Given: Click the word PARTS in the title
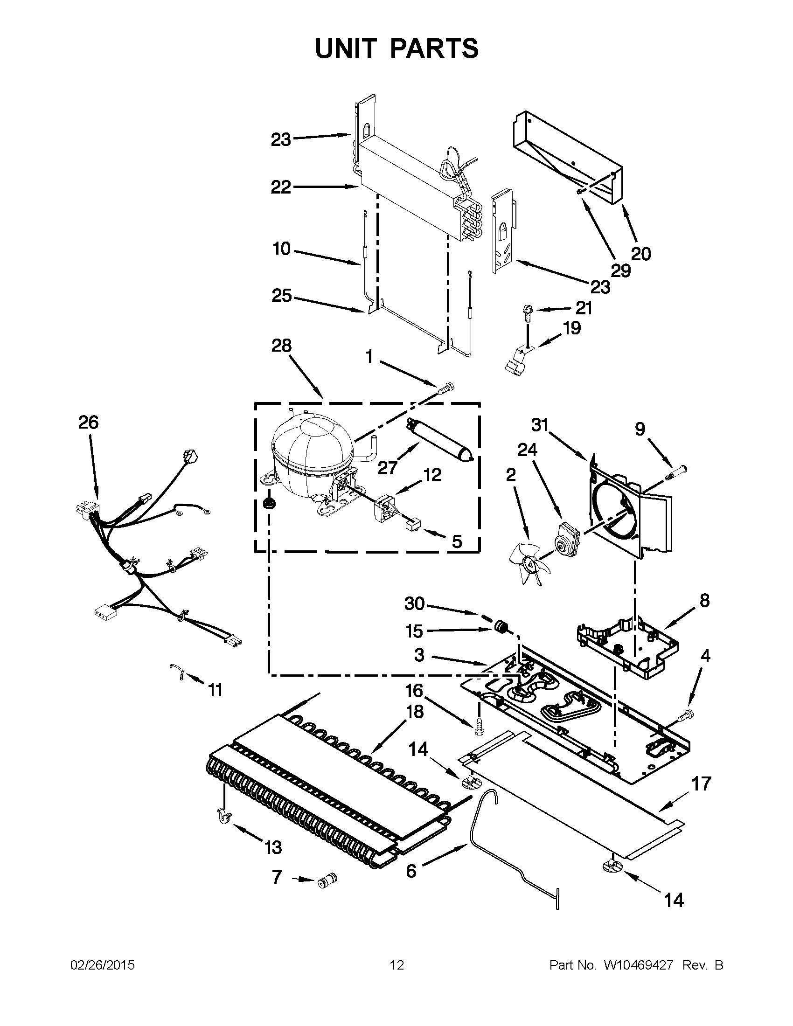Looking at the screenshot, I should pyautogui.click(x=434, y=49).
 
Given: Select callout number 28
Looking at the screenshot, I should pyautogui.click(x=281, y=346).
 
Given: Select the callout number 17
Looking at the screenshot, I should pyautogui.click(x=702, y=784).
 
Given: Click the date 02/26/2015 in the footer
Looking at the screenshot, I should pyautogui.click(x=103, y=965).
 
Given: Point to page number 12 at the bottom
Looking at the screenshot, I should pyautogui.click(x=396, y=965).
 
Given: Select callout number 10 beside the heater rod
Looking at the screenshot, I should pyautogui.click(x=281, y=249).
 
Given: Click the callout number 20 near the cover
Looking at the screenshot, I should pyautogui.click(x=641, y=254).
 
